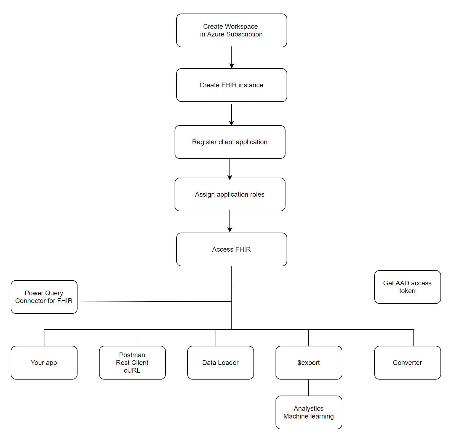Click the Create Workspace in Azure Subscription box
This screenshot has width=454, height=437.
click(231, 30)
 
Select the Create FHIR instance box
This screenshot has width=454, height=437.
click(231, 85)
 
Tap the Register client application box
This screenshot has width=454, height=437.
click(230, 142)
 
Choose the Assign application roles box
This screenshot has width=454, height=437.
click(230, 194)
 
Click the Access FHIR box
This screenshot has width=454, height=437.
click(231, 249)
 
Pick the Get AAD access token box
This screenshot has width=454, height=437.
click(407, 287)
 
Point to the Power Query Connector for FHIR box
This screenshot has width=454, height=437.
click(44, 297)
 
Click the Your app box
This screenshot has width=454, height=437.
click(44, 363)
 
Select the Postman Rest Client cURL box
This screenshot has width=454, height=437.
click(132, 363)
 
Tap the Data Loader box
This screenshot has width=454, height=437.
click(220, 363)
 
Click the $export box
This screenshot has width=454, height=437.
click(309, 363)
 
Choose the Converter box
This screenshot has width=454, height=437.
click(407, 363)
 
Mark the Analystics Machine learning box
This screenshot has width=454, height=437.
click(309, 412)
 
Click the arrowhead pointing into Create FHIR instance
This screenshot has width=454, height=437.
click(232, 66)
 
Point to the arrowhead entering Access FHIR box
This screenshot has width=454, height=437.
click(230, 230)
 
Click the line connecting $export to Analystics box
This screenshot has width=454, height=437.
click(309, 387)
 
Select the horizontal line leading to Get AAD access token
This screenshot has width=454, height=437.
click(303, 287)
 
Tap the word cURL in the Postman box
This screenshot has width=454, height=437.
click(132, 370)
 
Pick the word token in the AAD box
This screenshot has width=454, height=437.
click(407, 291)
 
